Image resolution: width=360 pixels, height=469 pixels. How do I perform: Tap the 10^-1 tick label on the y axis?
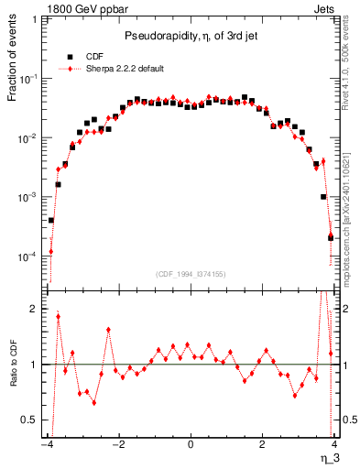point(30,79)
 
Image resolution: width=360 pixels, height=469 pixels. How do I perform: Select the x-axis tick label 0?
point(190,443)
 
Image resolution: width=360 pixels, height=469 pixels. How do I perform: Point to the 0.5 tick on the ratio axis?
point(31,420)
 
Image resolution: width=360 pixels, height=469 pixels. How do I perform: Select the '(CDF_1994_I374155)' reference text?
point(191,273)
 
